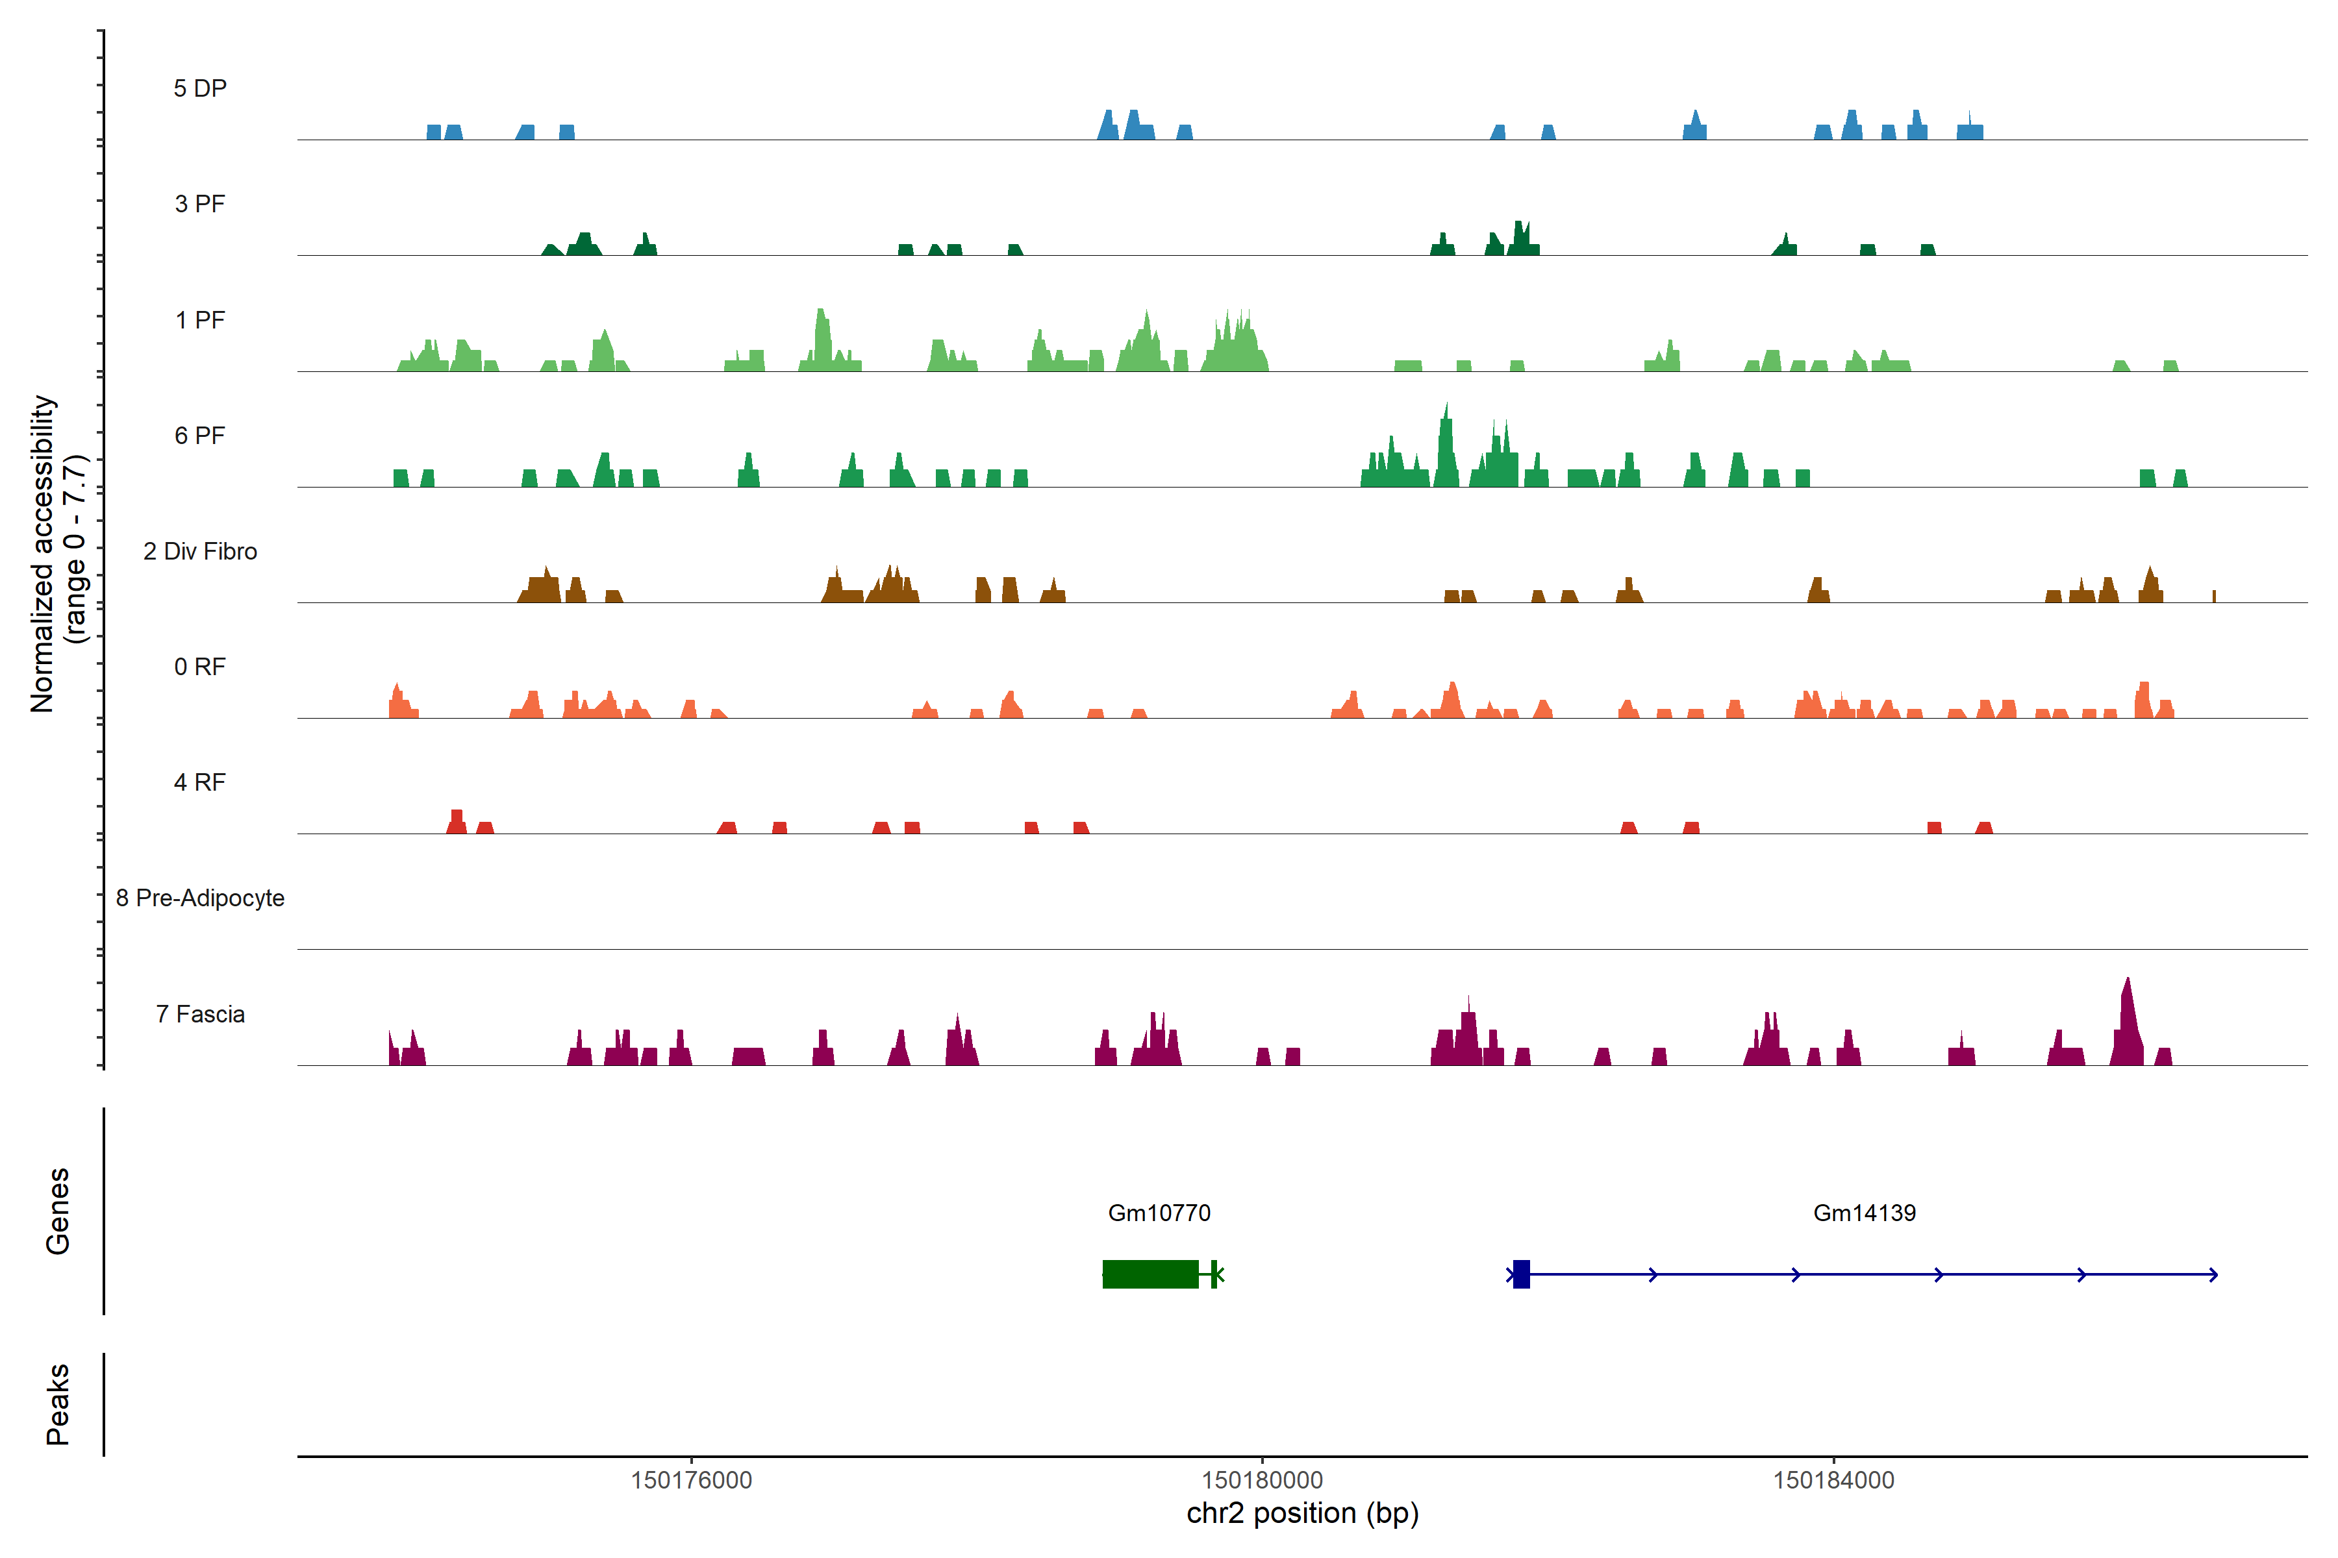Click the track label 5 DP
[200, 88]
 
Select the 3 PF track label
[200, 204]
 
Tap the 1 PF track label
[200, 320]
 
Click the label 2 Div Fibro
[200, 551]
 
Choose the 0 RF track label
[200, 667]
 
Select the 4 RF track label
[200, 782]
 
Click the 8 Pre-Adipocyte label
[200, 898]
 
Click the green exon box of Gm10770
[1150, 1274]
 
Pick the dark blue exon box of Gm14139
[1521, 1274]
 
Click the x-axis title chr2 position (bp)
[1302, 1513]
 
